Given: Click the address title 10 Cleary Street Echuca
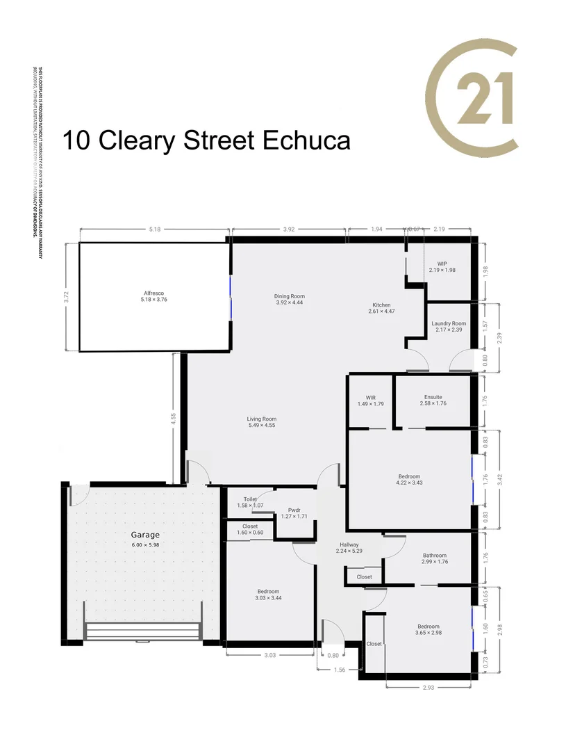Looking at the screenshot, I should click(206, 140).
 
